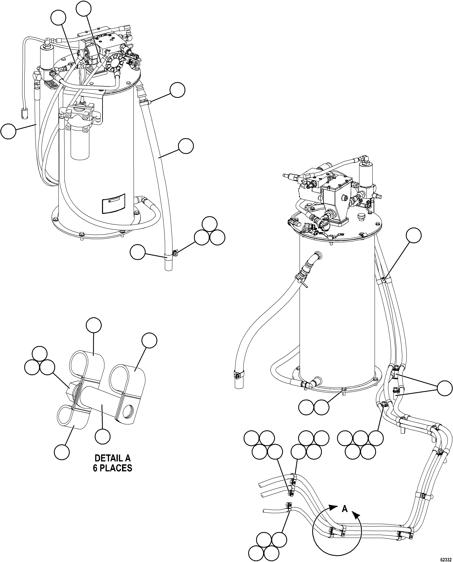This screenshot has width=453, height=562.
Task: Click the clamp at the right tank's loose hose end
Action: [238, 376]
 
